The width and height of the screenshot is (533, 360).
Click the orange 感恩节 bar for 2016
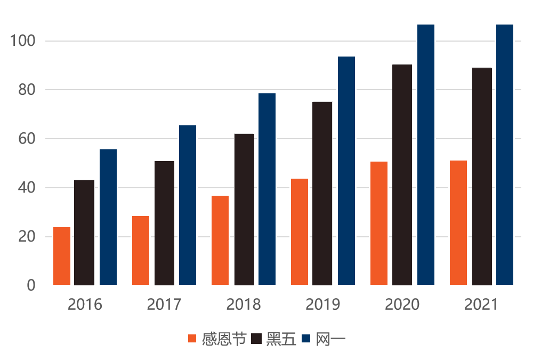coord(62,256)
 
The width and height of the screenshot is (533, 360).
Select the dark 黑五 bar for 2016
coord(84,233)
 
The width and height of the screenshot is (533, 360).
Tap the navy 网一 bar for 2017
coord(188,205)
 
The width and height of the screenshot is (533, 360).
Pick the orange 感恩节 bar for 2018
coord(220,240)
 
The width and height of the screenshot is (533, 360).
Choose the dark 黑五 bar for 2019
coord(322,193)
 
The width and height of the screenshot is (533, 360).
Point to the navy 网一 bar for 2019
coord(346,171)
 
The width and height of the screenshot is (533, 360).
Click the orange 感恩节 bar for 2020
coord(378,223)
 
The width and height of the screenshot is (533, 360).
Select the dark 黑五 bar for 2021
coord(482,177)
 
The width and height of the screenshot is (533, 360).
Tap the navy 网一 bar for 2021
coord(505,155)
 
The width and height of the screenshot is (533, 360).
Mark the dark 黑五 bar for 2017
coord(164,223)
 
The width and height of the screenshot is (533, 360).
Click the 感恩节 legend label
coord(224,339)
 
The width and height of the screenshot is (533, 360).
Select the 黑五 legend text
coord(280,339)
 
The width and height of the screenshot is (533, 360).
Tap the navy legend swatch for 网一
coord(306,339)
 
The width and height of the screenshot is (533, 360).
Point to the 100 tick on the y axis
coord(23,41)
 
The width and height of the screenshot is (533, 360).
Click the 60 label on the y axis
coord(27,139)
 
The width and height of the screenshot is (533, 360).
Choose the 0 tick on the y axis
coord(31,285)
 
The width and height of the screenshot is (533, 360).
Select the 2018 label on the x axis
coord(244,305)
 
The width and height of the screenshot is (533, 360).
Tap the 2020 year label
coord(402,305)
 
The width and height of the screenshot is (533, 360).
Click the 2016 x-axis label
coord(85,305)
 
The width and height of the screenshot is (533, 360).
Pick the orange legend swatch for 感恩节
coord(193,339)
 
